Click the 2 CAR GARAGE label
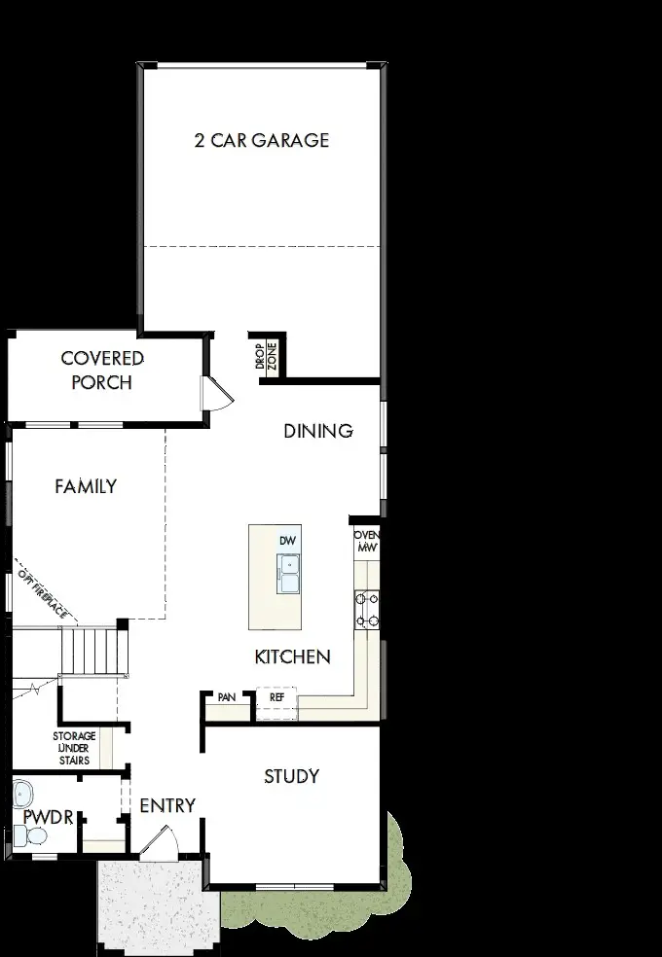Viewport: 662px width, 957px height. tap(261, 140)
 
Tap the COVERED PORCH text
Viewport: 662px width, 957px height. tap(102, 371)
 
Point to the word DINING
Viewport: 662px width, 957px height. tap(317, 431)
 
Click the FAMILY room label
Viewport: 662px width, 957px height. tap(86, 486)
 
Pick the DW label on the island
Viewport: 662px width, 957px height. tap(286, 540)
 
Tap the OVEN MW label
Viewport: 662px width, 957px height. tap(366, 542)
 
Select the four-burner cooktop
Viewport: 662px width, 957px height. tap(367, 611)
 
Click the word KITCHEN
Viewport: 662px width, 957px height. tap(292, 657)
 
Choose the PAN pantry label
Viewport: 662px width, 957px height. tap(226, 697)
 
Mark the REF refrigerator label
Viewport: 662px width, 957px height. tap(276, 697)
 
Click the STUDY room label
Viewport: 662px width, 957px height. tap(291, 776)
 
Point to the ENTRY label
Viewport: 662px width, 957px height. tap(167, 806)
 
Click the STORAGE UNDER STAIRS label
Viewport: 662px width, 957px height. tap(74, 748)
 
